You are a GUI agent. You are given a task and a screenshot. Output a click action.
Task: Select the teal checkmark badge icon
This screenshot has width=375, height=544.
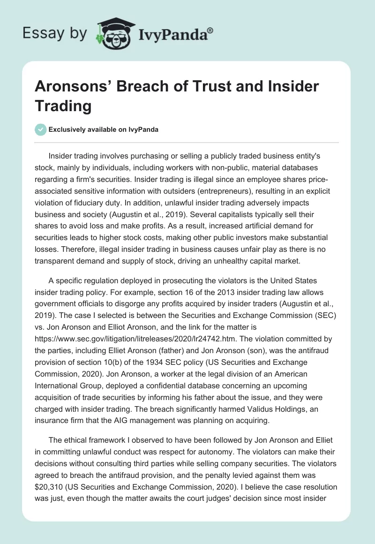click(41, 129)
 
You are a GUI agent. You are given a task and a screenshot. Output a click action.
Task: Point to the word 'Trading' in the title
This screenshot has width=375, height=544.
click(63, 106)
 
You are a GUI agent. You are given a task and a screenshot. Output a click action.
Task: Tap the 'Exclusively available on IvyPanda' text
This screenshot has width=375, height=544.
click(104, 129)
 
